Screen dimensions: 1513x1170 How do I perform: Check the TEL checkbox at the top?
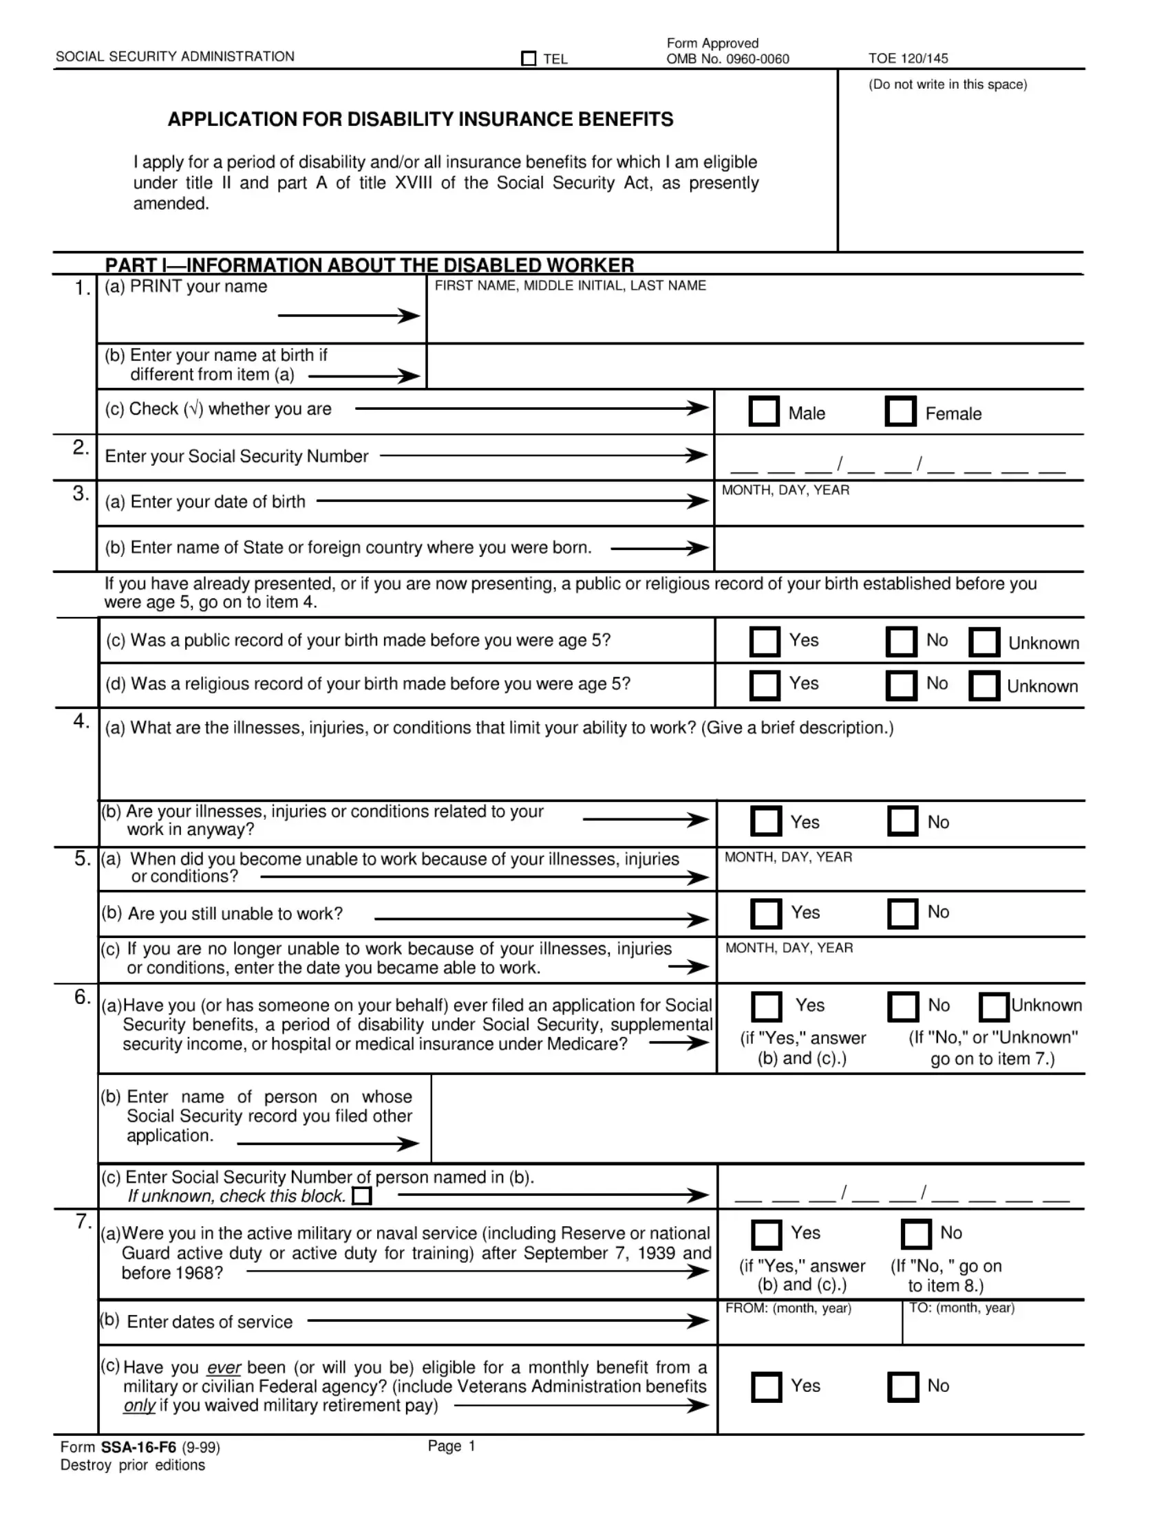pyautogui.click(x=528, y=59)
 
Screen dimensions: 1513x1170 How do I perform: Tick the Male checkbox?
pyautogui.click(x=764, y=411)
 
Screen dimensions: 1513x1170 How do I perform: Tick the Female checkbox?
pyautogui.click(x=900, y=411)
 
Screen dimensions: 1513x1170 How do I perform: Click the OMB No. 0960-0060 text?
pyautogui.click(x=727, y=60)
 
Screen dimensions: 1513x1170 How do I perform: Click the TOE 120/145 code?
pyautogui.click(x=907, y=59)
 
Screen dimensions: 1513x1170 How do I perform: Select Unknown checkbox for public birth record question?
pyautogui.click(x=984, y=642)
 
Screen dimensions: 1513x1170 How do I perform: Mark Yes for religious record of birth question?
pyautogui.click(x=765, y=685)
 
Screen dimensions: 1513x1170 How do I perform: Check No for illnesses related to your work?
pyautogui.click(x=902, y=821)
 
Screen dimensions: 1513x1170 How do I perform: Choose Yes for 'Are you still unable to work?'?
pyautogui.click(x=765, y=913)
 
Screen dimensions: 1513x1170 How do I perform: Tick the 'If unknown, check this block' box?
pyautogui.click(x=362, y=1197)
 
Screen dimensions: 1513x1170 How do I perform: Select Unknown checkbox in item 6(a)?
pyautogui.click(x=993, y=1008)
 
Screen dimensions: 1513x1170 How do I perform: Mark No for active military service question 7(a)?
pyautogui.click(x=915, y=1234)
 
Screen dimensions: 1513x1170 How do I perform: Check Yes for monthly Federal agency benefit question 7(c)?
pyautogui.click(x=766, y=1387)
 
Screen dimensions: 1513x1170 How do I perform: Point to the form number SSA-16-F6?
pyautogui.click(x=138, y=1447)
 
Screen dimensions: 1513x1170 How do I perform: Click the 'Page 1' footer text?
pyautogui.click(x=451, y=1446)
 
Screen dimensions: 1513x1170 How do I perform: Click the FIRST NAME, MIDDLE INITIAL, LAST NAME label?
pyautogui.click(x=570, y=285)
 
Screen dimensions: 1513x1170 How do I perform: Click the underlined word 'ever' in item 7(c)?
pyautogui.click(x=223, y=1368)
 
